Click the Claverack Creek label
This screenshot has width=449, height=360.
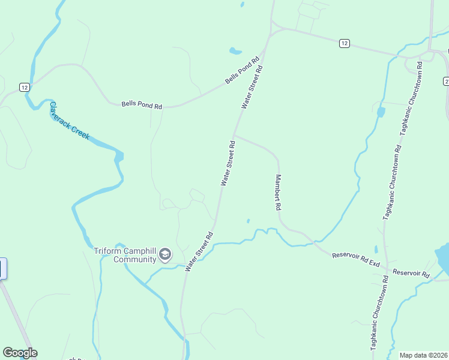click(x=69, y=121)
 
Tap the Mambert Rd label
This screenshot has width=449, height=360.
click(x=278, y=192)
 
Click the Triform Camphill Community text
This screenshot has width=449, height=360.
click(x=125, y=256)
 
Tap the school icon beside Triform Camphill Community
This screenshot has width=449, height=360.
click(x=164, y=256)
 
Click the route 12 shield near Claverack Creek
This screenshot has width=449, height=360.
click(x=24, y=87)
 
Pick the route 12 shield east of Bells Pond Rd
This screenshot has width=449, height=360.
click(x=343, y=43)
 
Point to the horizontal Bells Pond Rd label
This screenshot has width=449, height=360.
click(x=142, y=106)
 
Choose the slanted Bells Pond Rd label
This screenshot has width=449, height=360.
click(x=242, y=71)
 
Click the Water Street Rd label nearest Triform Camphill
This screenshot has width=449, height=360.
click(x=200, y=252)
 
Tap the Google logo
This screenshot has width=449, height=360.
click(x=20, y=353)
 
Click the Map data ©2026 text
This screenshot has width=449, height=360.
click(x=423, y=355)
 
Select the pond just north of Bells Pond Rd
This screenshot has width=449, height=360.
click(x=235, y=51)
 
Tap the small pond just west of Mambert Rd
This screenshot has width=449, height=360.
click(x=248, y=220)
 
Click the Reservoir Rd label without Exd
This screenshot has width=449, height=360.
click(x=411, y=273)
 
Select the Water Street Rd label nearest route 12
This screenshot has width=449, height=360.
click(x=253, y=87)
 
